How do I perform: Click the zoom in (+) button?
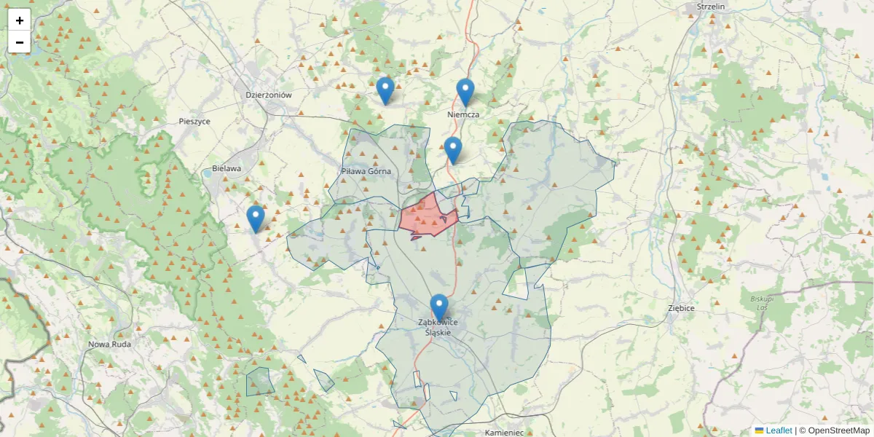click(20, 20)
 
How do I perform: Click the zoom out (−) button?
click(20, 42)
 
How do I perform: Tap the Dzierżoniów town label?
click(269, 95)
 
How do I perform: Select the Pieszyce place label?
click(194, 122)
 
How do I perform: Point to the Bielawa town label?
click(227, 168)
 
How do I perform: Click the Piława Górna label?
click(366, 171)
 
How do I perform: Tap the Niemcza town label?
click(463, 114)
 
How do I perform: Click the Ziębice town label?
click(681, 308)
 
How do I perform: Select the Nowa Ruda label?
click(109, 344)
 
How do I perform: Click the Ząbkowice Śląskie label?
click(438, 327)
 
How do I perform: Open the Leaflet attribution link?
click(778, 430)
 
